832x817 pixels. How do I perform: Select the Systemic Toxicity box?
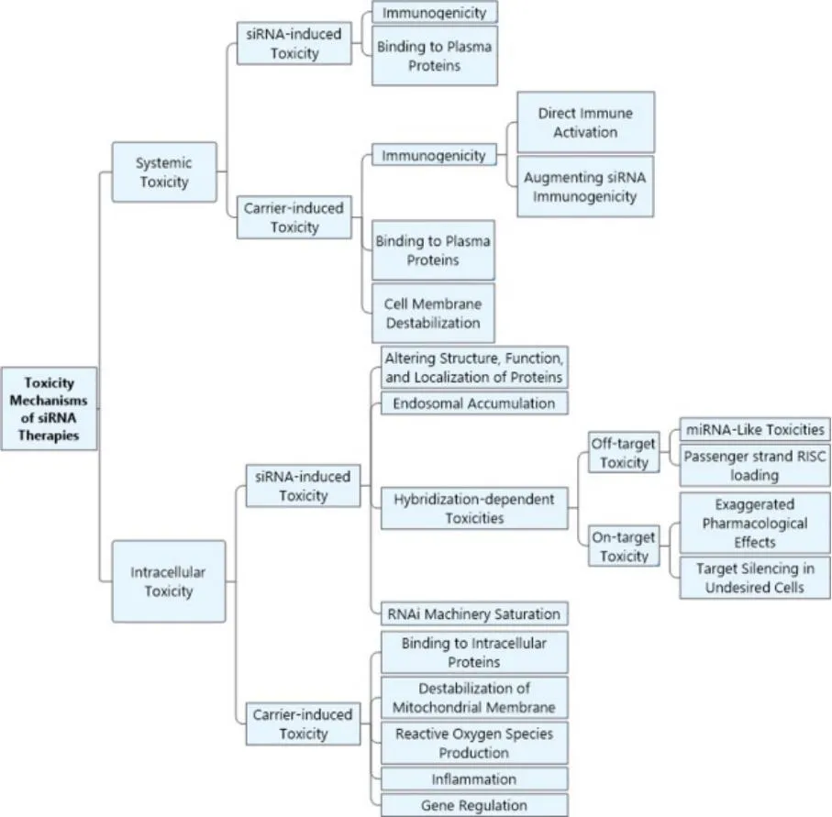164,171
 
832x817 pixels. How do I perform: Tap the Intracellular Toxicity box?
169,581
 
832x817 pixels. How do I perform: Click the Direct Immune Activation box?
585,122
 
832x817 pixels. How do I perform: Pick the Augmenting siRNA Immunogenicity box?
585,186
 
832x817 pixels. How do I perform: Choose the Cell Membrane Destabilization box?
433,313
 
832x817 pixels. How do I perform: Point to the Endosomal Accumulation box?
474,403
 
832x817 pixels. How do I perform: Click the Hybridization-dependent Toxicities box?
474,508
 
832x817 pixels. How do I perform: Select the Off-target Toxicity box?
624,453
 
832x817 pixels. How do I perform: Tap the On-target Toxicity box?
624,547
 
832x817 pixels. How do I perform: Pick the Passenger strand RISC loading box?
754,466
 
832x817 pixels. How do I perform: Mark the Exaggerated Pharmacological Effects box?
754,522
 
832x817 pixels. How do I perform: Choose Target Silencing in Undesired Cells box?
754,578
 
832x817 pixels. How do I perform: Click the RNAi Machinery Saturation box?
474,613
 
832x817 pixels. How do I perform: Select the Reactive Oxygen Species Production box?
474,743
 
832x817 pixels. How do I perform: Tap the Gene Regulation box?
474,805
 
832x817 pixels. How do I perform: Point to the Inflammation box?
474,779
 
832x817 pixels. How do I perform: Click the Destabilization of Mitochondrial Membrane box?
474,697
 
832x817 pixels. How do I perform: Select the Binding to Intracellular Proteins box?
474,652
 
